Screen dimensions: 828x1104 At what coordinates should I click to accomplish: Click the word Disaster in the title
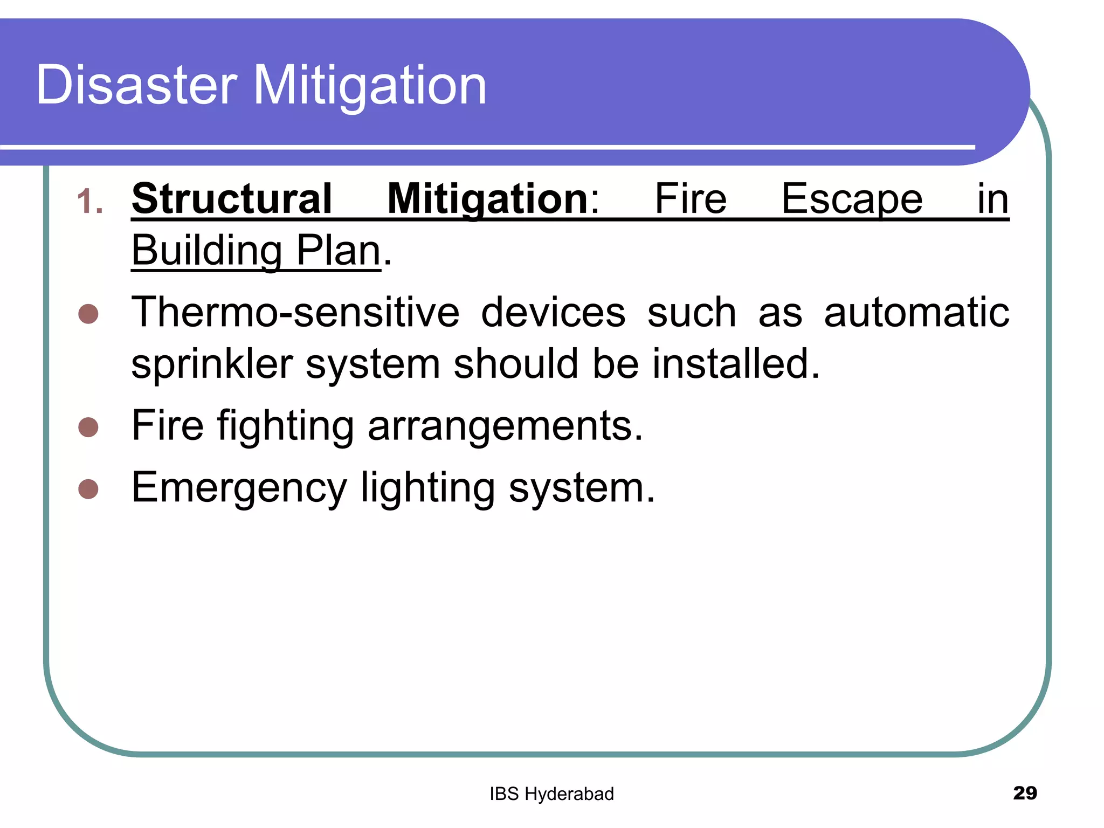pyautogui.click(x=136, y=85)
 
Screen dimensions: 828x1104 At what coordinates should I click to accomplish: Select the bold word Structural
pyautogui.click(x=232, y=199)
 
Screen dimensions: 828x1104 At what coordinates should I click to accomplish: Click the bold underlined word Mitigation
pyautogui.click(x=488, y=200)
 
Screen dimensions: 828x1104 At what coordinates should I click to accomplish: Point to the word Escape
pyautogui.click(x=852, y=200)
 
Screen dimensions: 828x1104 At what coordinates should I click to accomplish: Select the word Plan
pyautogui.click(x=339, y=251)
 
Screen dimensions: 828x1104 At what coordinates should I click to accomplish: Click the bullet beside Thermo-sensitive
pyautogui.click(x=88, y=314)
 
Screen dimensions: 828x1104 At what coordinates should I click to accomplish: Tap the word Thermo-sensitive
pyautogui.click(x=295, y=312)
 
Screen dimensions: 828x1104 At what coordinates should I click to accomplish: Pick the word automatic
pyautogui.click(x=916, y=312)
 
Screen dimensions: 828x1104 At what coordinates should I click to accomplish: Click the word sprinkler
pyautogui.click(x=212, y=364)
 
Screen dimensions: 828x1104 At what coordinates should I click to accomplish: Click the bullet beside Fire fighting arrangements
pyautogui.click(x=88, y=427)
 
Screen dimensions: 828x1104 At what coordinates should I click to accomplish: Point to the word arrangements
pyautogui.click(x=505, y=426)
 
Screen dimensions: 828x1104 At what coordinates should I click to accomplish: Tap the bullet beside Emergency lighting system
pyautogui.click(x=88, y=489)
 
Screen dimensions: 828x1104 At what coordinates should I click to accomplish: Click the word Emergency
pyautogui.click(x=239, y=488)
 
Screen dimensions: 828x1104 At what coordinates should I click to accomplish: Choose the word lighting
pyautogui.click(x=427, y=488)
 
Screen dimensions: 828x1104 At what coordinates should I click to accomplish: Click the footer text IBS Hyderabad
pyautogui.click(x=551, y=794)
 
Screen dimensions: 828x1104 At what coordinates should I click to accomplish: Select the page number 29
pyautogui.click(x=1025, y=793)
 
